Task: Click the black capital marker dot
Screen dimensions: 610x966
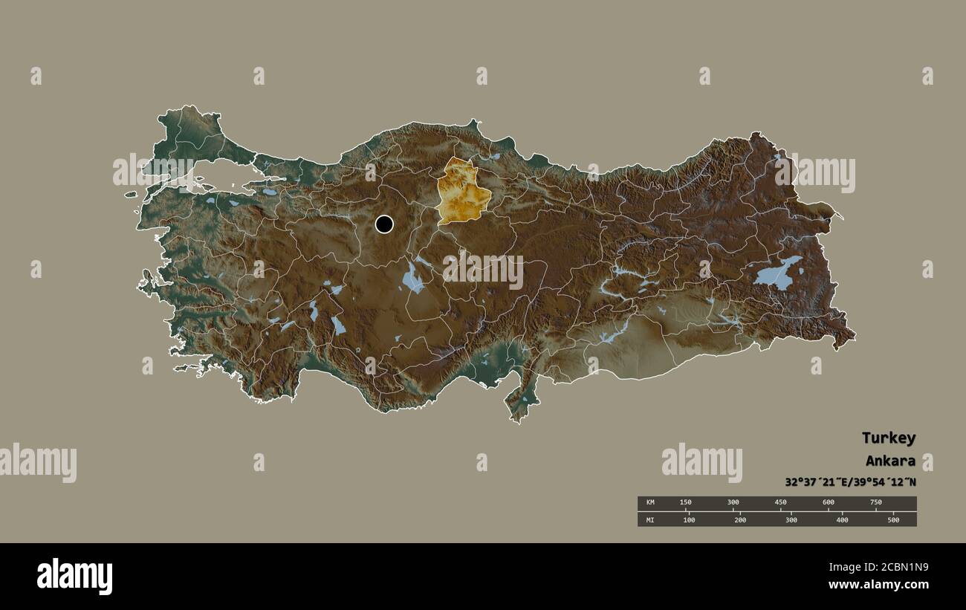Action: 384,224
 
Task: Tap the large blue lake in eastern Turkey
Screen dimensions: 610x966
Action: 777,274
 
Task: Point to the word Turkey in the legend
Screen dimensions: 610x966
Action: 889,438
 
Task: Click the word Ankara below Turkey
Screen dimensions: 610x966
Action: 890,461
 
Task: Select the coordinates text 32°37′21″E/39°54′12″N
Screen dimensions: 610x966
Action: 850,481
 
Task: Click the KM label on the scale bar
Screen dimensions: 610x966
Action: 650,503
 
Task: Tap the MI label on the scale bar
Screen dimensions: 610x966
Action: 650,519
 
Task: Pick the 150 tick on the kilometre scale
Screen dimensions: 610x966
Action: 686,503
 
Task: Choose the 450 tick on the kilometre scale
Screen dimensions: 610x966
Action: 781,503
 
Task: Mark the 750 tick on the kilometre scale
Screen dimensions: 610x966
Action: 876,503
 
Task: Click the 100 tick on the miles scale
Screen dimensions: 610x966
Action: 689,519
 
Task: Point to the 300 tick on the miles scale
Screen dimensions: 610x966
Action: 791,519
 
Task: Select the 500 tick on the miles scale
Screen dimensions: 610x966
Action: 893,519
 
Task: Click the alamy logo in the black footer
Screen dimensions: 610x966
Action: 74,577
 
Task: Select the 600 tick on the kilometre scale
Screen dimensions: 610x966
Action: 829,503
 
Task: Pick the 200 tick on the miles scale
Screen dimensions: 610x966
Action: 740,519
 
